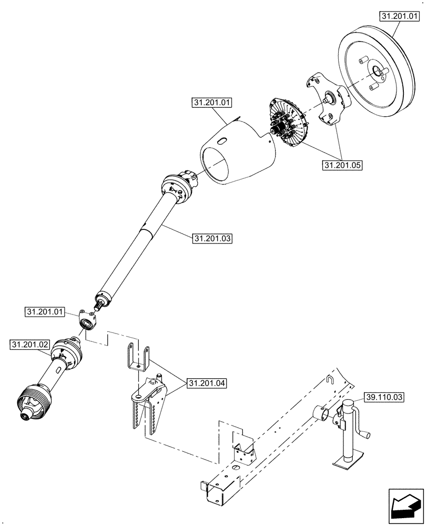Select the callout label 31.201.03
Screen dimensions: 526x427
pyautogui.click(x=212, y=238)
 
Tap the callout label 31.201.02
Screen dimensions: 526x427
pyautogui.click(x=29, y=345)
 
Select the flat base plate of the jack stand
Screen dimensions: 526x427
pyautogui.click(x=348, y=463)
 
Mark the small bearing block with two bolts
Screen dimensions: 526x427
pyautogui.click(x=87, y=319)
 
